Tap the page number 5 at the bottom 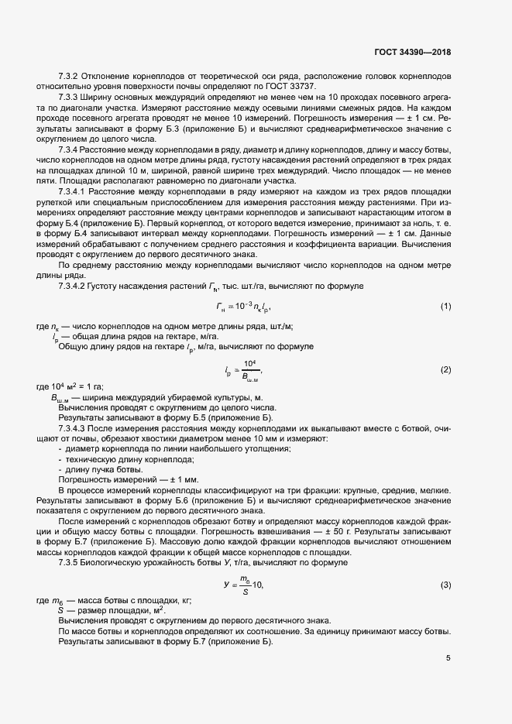point(448,659)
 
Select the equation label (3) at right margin point(445,585)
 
